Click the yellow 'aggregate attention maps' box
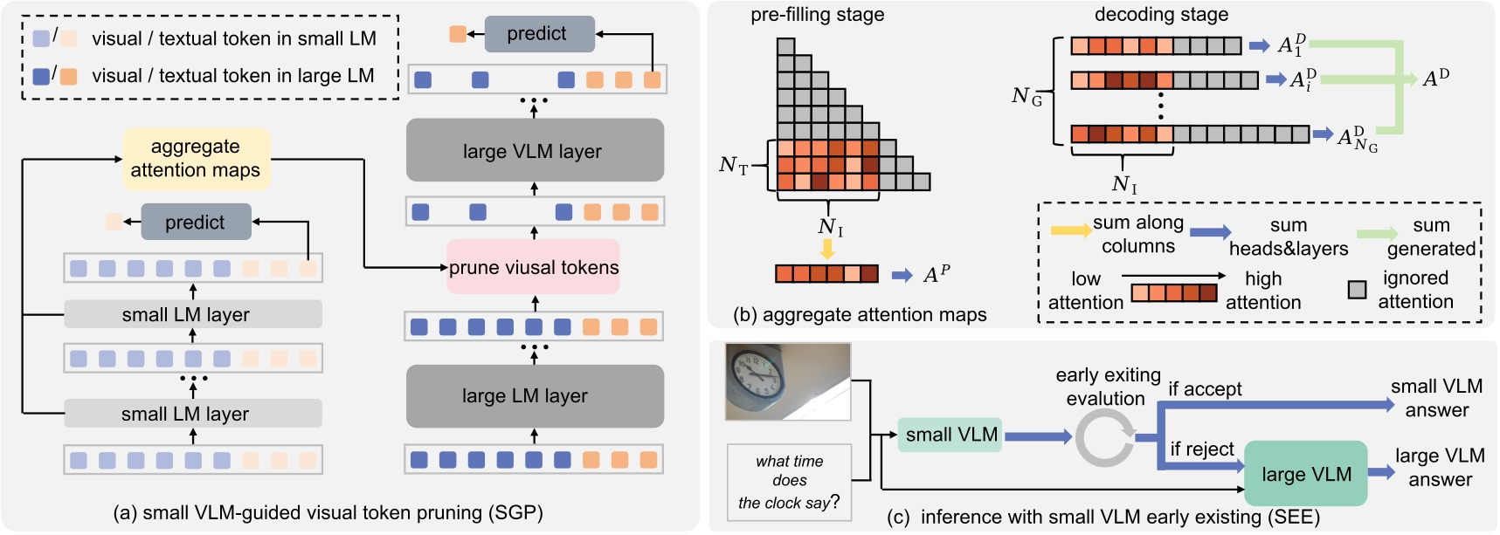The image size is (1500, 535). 196,159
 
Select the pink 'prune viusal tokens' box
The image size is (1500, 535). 534,268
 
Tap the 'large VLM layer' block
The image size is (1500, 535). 534,151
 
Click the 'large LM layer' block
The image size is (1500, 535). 534,396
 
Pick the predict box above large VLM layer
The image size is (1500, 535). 536,34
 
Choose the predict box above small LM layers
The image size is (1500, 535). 196,223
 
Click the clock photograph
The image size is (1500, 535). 788,381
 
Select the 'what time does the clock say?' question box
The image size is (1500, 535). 789,482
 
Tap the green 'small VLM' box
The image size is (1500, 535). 950,435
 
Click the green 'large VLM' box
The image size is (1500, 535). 1305,474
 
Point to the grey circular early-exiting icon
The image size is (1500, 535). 1104,437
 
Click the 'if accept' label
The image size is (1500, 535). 1205,389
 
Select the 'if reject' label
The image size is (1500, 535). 1202,449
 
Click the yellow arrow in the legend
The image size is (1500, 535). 1069,230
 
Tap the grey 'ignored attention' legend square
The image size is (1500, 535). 1357,290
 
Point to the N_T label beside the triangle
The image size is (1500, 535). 733,165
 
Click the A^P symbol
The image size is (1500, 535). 937,275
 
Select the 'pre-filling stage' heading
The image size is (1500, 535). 817,15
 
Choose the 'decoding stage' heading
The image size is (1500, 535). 1161,15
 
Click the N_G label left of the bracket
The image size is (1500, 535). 1026,96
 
